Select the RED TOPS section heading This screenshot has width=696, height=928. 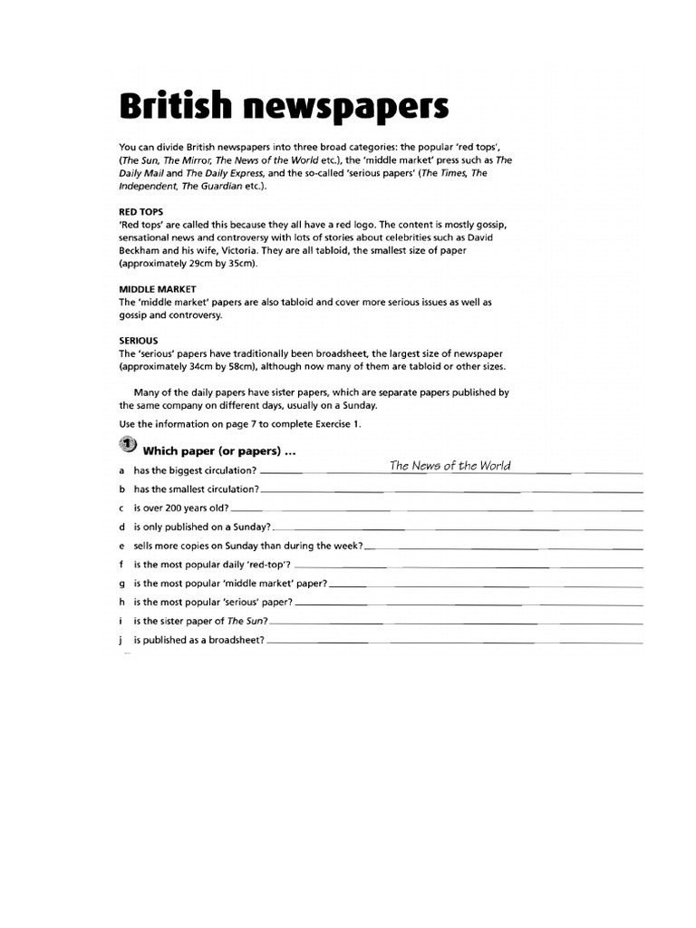click(141, 211)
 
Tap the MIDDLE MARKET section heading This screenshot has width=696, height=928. click(159, 289)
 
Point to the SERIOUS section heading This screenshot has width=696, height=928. click(139, 341)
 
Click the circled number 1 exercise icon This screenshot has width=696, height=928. click(127, 444)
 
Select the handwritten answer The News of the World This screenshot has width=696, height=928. click(449, 466)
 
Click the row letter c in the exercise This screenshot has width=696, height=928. click(121, 508)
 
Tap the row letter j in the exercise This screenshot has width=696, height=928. click(121, 640)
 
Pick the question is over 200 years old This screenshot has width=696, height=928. click(180, 508)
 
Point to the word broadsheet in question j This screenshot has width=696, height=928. click(233, 640)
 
